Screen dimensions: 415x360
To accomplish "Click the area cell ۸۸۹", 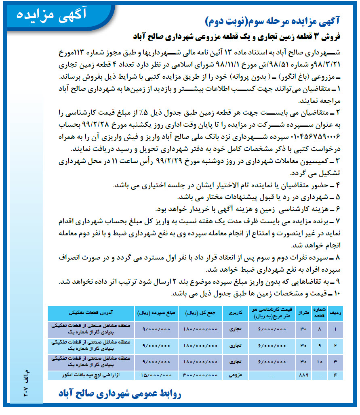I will tap(303, 375).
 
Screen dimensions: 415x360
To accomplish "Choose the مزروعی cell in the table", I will tap(233, 375).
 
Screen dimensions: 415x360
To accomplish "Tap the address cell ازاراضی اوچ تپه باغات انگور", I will tap(91, 375).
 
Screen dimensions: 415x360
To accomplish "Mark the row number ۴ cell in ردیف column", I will tap(335, 375).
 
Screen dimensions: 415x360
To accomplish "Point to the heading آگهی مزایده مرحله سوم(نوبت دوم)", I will tap(272, 20).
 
